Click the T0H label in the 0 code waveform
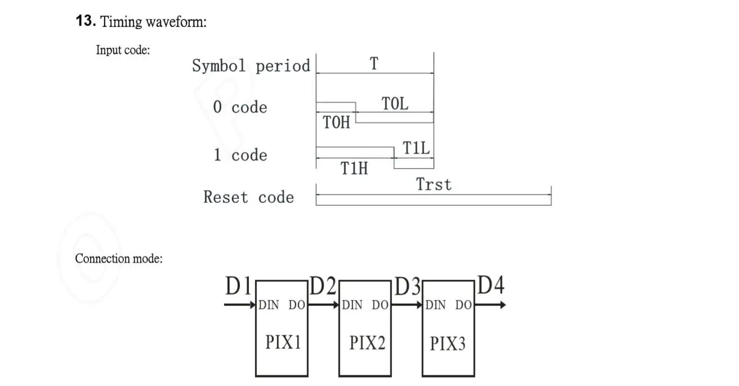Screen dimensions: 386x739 (x=337, y=122)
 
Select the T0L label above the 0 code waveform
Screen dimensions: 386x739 (x=395, y=104)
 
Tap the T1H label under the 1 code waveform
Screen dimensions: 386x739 (x=354, y=168)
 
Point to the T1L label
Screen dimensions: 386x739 (x=416, y=149)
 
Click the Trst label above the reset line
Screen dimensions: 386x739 (x=434, y=184)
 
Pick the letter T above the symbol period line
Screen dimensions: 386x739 (x=374, y=64)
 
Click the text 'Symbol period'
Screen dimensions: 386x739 (x=251, y=66)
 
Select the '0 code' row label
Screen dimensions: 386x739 (x=240, y=107)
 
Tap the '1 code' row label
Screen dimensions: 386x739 (x=240, y=155)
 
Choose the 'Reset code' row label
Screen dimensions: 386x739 (x=248, y=197)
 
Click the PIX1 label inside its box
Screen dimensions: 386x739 (x=283, y=342)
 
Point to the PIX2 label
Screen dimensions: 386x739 (x=367, y=342)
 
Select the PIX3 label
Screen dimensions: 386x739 (x=448, y=343)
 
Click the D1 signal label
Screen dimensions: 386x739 (x=238, y=287)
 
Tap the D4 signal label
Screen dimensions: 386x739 (x=491, y=286)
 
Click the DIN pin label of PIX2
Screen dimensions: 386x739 (x=352, y=305)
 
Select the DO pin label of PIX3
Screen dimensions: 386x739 (x=464, y=305)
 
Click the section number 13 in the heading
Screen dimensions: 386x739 (x=85, y=21)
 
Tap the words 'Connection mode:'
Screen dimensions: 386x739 (x=119, y=259)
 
